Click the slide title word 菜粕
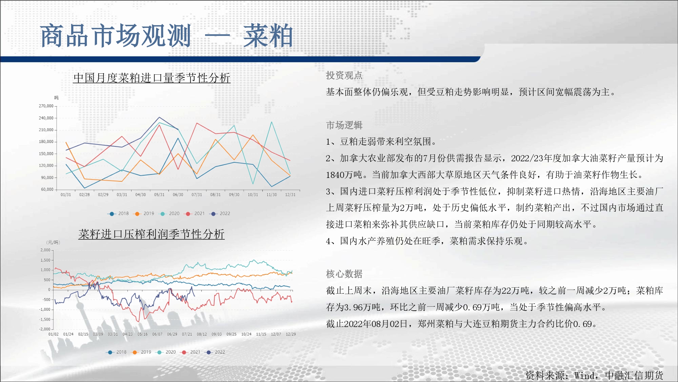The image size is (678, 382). tap(268, 36)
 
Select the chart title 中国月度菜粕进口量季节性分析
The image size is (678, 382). tap(152, 78)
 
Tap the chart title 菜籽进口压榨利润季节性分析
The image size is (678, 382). tap(152, 234)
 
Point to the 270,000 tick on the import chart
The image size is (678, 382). tap(46, 106)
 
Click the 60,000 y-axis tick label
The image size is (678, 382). tap(47, 189)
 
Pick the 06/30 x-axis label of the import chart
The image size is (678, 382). tap(178, 195)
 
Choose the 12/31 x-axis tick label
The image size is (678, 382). tap(290, 195)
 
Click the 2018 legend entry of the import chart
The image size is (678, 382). tap(118, 214)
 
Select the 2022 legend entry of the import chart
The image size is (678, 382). tap(220, 214)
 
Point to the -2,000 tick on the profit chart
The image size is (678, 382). tap(45, 329)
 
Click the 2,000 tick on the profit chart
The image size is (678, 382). tap(45, 250)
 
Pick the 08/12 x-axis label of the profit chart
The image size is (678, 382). tap(202, 334)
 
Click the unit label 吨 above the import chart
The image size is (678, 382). tap(56, 98)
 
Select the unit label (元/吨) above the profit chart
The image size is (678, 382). tap(53, 242)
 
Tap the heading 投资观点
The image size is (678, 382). tap(344, 75)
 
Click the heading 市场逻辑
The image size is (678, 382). tap(344, 125)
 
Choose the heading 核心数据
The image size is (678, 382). tap(344, 274)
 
